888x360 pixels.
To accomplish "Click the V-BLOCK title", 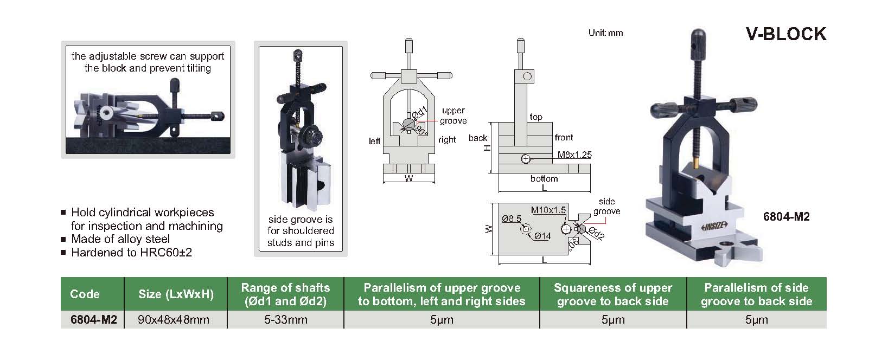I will click(x=785, y=34).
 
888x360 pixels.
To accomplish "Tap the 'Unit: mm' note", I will click(x=605, y=33).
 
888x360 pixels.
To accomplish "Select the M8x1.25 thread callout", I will click(x=574, y=155).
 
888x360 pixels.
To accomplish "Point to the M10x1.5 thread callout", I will click(x=548, y=210).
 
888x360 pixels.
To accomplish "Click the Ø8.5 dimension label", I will click(x=512, y=219).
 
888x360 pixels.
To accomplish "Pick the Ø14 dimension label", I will click(x=542, y=236).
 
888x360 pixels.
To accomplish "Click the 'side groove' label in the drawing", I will click(x=606, y=207).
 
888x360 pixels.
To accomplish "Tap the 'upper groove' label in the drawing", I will click(x=453, y=115).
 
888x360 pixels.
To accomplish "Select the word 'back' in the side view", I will click(x=478, y=138).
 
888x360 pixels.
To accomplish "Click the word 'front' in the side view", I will click(x=564, y=138).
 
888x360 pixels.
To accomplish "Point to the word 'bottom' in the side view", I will click(x=544, y=178).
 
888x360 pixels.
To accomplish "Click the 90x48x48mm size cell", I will click(x=174, y=320).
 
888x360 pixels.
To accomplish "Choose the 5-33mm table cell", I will click(x=285, y=320).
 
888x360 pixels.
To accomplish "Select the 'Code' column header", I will click(x=85, y=294).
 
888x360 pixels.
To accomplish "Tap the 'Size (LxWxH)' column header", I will click(x=176, y=294).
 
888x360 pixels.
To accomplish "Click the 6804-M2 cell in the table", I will click(x=93, y=320).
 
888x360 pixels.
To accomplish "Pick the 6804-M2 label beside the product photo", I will click(x=786, y=217).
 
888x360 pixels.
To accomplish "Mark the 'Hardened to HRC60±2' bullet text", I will click(x=131, y=253).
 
